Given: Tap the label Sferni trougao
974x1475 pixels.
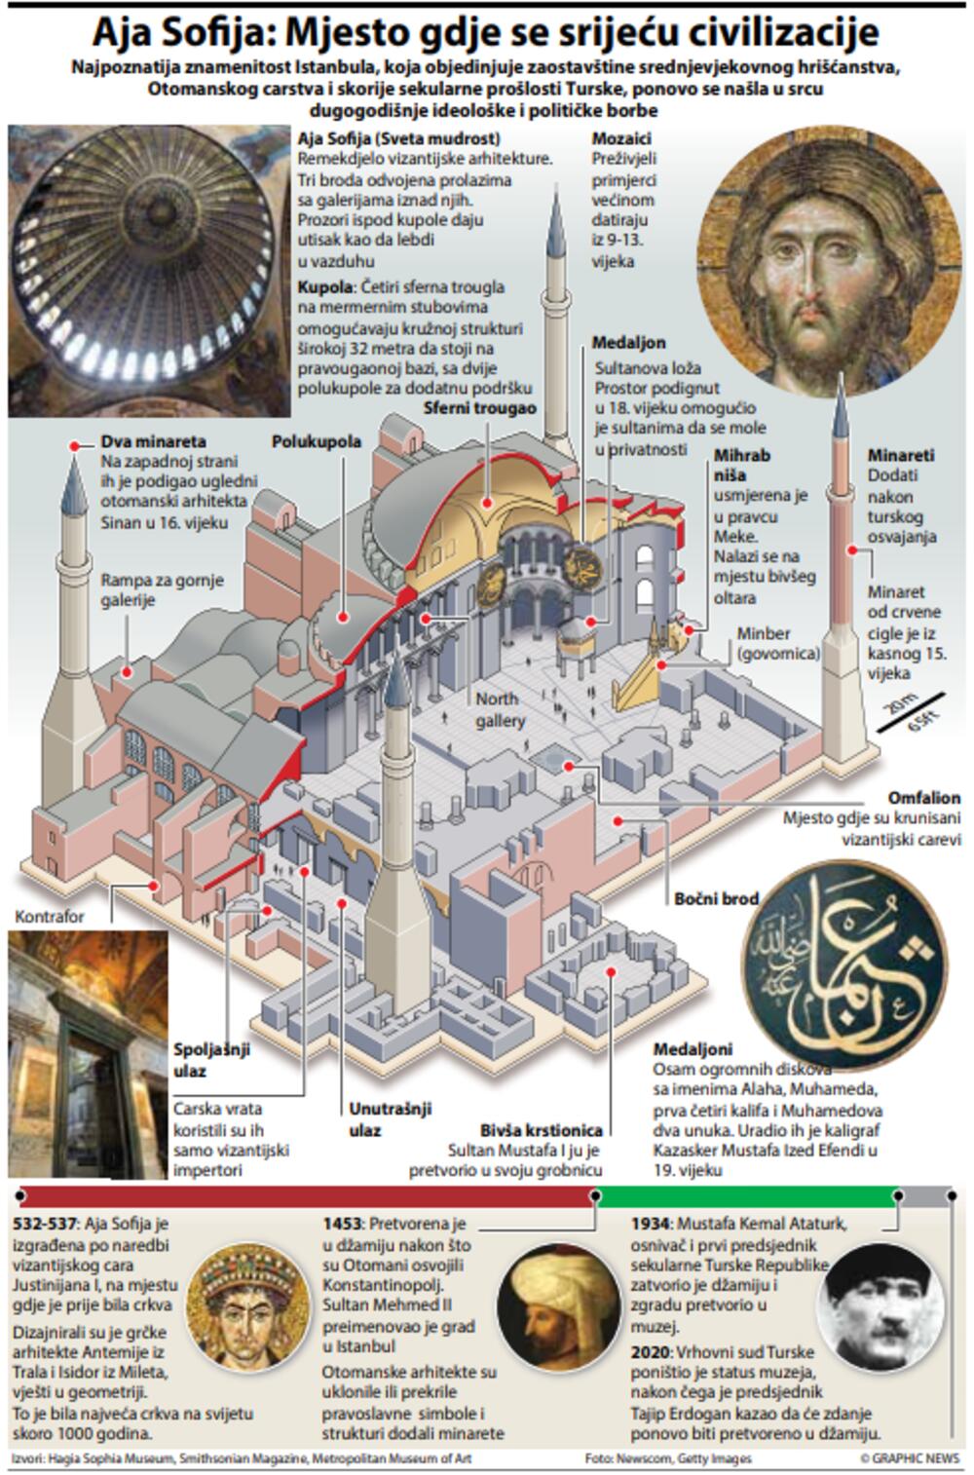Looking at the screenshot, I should pos(479,408).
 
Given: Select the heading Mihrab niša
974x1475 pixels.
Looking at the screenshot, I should pos(741,465).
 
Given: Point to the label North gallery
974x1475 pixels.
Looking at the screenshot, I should pos(499,709).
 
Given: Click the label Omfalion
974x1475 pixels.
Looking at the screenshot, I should pos(923,799).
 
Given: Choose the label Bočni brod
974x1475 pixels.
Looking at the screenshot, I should pos(715,898).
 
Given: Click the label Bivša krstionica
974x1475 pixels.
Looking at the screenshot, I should pos(541,1130).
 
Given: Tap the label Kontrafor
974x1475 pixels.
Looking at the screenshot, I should pos(50,917).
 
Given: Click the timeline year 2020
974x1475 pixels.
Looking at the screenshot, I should pos(650,1352).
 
